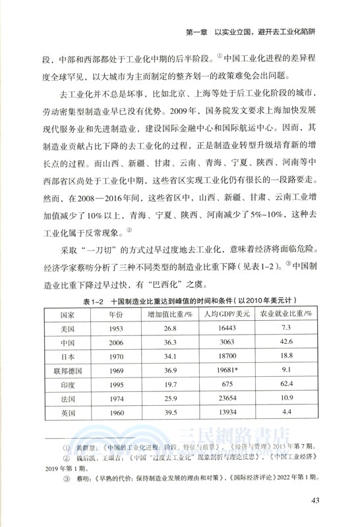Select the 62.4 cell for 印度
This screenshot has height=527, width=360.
point(286,385)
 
